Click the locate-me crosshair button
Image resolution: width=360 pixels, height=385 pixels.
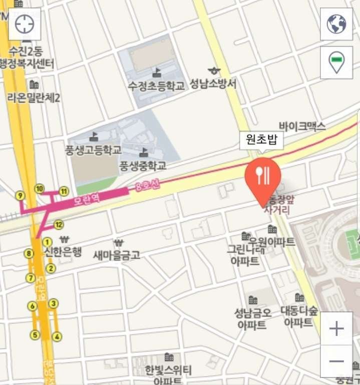pyautogui.click(x=25, y=24)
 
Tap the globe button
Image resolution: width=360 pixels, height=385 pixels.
pyautogui.click(x=336, y=24)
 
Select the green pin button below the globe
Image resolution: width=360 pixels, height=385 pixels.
pyautogui.click(x=336, y=62)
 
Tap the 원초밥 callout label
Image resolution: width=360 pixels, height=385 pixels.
pyautogui.click(x=261, y=140)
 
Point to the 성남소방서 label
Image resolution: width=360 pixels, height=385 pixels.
pyautogui.click(x=213, y=84)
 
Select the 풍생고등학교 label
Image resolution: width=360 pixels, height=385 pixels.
pyautogui.click(x=94, y=149)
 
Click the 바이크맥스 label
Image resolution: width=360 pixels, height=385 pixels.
pyautogui.click(x=302, y=126)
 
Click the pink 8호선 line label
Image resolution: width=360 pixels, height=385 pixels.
pyautogui.click(x=147, y=188)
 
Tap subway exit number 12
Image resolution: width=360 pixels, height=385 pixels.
pyautogui.click(x=59, y=224)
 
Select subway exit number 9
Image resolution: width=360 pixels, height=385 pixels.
pyautogui.click(x=20, y=195)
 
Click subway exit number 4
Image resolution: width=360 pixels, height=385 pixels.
pyautogui.click(x=57, y=336)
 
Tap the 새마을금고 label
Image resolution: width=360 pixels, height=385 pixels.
pyautogui.click(x=117, y=255)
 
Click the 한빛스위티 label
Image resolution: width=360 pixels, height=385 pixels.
pyautogui.click(x=168, y=371)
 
